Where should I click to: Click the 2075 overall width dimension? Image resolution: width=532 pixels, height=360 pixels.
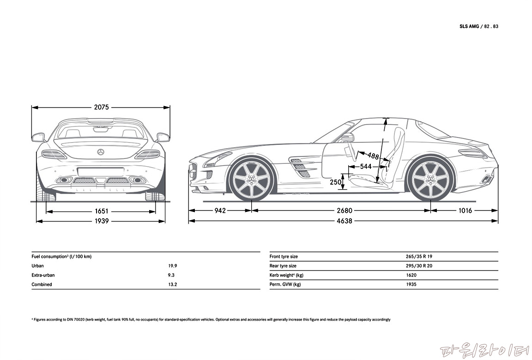[101, 107]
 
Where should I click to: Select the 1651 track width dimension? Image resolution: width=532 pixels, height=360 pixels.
[101, 211]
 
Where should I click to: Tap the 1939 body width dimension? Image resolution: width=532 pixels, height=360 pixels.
[101, 221]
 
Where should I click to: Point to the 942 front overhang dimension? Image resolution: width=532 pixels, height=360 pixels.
[220, 210]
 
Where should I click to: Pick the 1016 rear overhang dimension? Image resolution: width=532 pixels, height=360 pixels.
[465, 210]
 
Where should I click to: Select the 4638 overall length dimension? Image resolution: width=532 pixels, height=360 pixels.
[344, 221]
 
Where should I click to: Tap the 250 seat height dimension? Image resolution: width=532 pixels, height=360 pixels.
[336, 182]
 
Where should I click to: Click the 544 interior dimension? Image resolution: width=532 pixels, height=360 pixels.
[366, 166]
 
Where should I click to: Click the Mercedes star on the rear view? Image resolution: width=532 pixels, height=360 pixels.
[101, 152]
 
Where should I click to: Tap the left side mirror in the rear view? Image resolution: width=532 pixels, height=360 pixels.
[38, 137]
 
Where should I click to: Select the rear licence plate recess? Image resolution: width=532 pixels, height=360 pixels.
[101, 172]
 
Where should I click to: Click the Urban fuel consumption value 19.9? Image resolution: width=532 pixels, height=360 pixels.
[173, 266]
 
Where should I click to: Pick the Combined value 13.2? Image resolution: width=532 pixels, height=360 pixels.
[173, 284]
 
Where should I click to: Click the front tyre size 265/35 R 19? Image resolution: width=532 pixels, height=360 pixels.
[419, 257]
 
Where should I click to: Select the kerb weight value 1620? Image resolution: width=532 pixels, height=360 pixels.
[411, 275]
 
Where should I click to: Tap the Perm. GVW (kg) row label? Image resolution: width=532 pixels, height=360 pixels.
[285, 284]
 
